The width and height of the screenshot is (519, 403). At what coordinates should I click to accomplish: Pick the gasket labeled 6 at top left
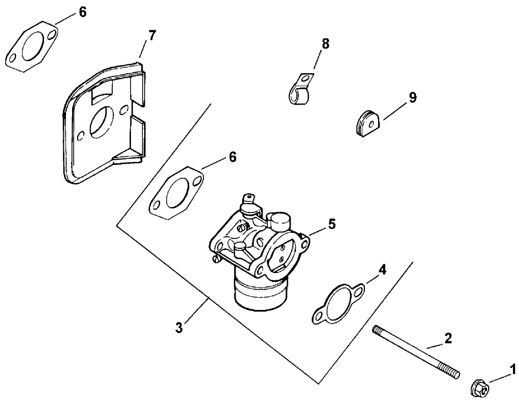click(x=32, y=48)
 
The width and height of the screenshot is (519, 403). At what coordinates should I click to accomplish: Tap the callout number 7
click(x=152, y=36)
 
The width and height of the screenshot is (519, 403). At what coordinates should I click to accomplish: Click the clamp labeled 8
click(x=301, y=91)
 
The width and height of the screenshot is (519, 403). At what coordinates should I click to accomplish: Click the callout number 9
click(x=412, y=97)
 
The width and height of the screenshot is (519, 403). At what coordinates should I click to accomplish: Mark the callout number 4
click(x=382, y=270)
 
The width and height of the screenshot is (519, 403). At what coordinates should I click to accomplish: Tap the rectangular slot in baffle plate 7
click(x=100, y=95)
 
